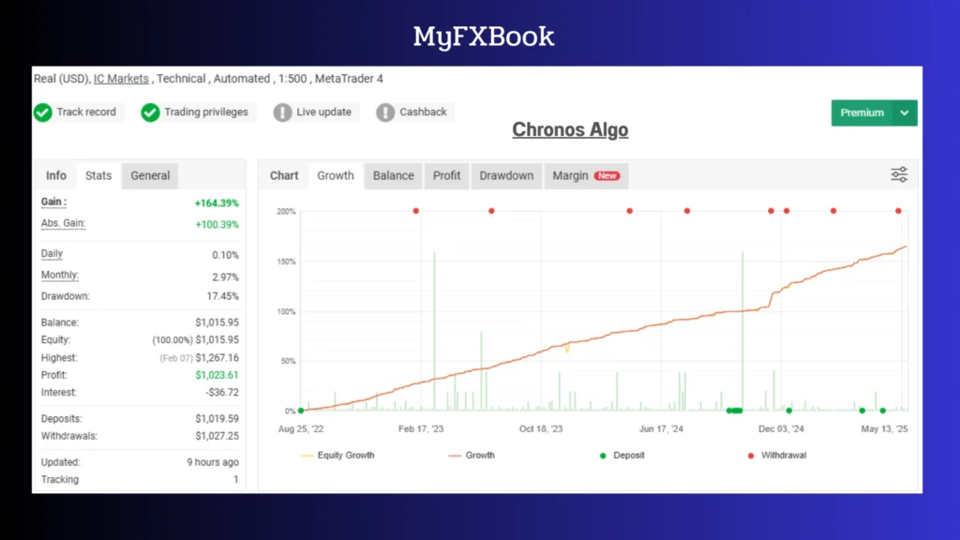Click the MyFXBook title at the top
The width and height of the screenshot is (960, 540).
point(484,37)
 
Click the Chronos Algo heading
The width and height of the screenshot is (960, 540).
point(570,129)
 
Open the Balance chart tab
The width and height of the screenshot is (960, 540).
point(393,175)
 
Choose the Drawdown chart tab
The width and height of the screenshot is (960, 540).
point(506,175)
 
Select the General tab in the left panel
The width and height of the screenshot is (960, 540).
point(150,175)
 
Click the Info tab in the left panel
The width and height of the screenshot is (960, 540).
point(56,175)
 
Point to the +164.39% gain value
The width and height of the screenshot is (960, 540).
point(217,202)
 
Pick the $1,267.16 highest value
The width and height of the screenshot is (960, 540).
point(217,358)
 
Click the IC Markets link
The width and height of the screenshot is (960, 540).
point(121,79)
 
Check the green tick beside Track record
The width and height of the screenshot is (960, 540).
point(42,112)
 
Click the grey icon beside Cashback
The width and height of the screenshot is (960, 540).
point(385,112)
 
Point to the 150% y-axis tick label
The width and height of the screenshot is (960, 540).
point(286,262)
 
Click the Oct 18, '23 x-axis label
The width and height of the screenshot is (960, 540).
point(541,428)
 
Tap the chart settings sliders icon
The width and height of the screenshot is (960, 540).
point(899,174)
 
